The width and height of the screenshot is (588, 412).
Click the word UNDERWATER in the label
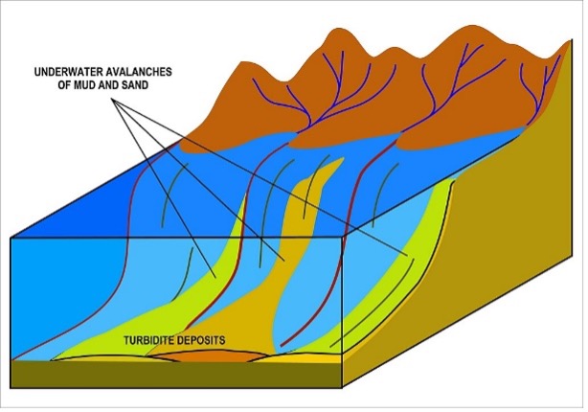pyautogui.click(x=66, y=72)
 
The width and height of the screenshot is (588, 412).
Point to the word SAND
pyautogui.click(x=135, y=85)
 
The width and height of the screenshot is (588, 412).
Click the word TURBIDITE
pyautogui.click(x=148, y=340)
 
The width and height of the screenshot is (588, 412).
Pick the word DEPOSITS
pyautogui.click(x=201, y=340)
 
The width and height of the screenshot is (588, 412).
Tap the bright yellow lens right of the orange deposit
pyautogui.click(x=300, y=358)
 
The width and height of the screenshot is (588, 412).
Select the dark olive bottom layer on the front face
pyautogui.click(x=176, y=375)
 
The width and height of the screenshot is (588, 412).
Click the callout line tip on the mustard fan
pyautogui.click(x=284, y=261)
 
